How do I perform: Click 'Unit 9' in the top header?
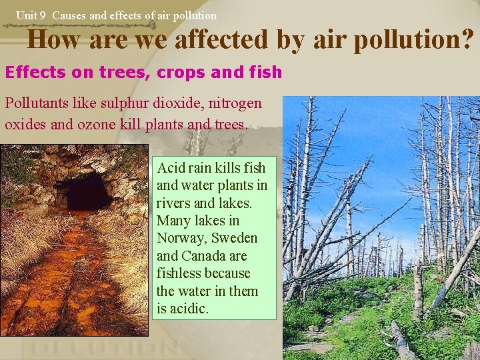[31, 15]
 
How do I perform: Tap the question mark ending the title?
[469, 40]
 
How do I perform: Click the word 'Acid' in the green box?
[170, 168]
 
